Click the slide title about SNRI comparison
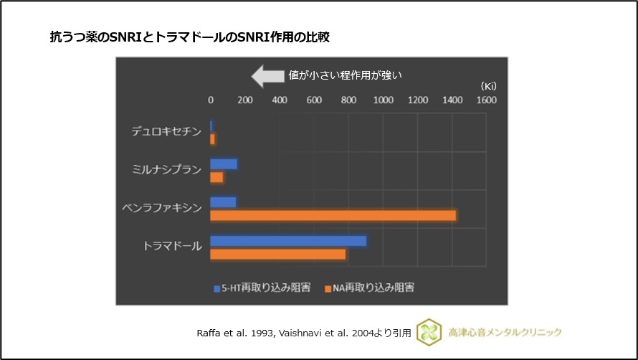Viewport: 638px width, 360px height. click(189, 37)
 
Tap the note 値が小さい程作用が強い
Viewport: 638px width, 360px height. click(348, 75)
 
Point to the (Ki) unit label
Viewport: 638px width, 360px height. click(489, 86)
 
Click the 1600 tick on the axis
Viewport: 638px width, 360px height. click(486, 100)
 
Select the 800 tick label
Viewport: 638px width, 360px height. click(348, 100)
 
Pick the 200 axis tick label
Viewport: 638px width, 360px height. click(244, 100)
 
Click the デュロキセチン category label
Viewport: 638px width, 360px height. click(166, 131)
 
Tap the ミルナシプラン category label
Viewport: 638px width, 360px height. click(166, 170)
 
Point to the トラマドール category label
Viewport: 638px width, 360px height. click(172, 247)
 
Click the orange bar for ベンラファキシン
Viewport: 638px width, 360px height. click(333, 215)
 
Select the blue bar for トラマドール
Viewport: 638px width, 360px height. click(288, 241)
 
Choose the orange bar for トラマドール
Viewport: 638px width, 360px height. click(277, 254)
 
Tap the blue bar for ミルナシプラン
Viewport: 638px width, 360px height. click(224, 164)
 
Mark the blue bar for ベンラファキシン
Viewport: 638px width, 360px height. click(223, 202)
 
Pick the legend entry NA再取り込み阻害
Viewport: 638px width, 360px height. click(369, 288)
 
